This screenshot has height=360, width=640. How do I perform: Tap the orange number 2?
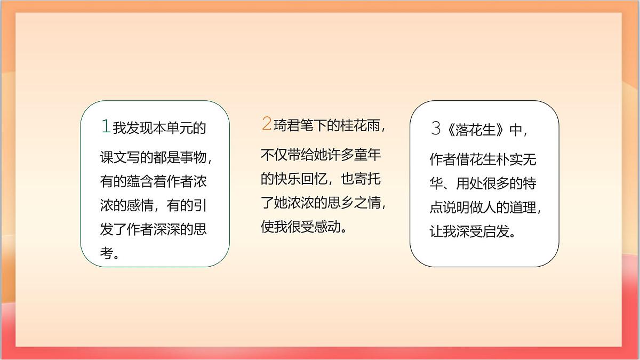coord(266,124)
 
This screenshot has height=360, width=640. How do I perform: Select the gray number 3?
coord(436,129)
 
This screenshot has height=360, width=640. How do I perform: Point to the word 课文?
coord(113,158)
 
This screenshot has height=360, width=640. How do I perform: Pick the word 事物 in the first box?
coord(193,158)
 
